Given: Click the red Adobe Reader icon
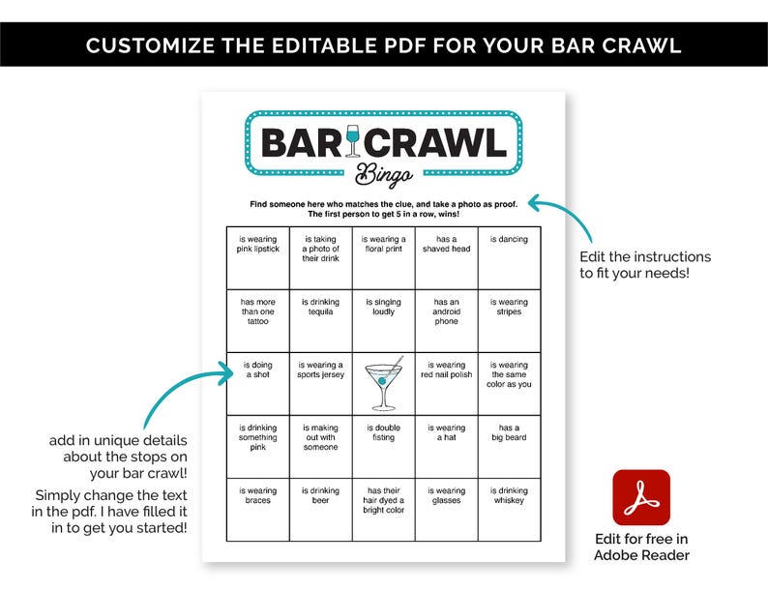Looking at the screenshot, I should (x=640, y=497).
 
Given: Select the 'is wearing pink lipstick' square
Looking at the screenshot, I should (x=257, y=257).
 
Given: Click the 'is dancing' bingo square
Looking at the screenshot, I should (x=509, y=257).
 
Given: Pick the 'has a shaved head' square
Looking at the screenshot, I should (x=446, y=257).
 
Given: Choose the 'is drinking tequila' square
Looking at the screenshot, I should (x=320, y=320).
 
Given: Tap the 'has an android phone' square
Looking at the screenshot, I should (x=446, y=320).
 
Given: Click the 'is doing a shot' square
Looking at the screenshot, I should (x=257, y=383).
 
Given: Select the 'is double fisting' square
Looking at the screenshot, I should (x=383, y=446).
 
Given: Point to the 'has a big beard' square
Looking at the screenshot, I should (x=509, y=446).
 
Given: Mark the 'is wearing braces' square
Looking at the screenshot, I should (x=257, y=509).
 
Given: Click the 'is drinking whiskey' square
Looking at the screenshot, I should (x=509, y=509).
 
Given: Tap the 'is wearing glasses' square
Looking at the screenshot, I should (x=446, y=509).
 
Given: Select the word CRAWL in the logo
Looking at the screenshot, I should (x=439, y=143).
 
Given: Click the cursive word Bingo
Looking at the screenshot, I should (x=384, y=174).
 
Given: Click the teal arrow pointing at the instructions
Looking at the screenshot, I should (x=571, y=218).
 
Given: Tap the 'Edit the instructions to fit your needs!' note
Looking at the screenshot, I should (x=645, y=265).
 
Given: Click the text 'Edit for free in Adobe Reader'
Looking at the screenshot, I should (x=641, y=547).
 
